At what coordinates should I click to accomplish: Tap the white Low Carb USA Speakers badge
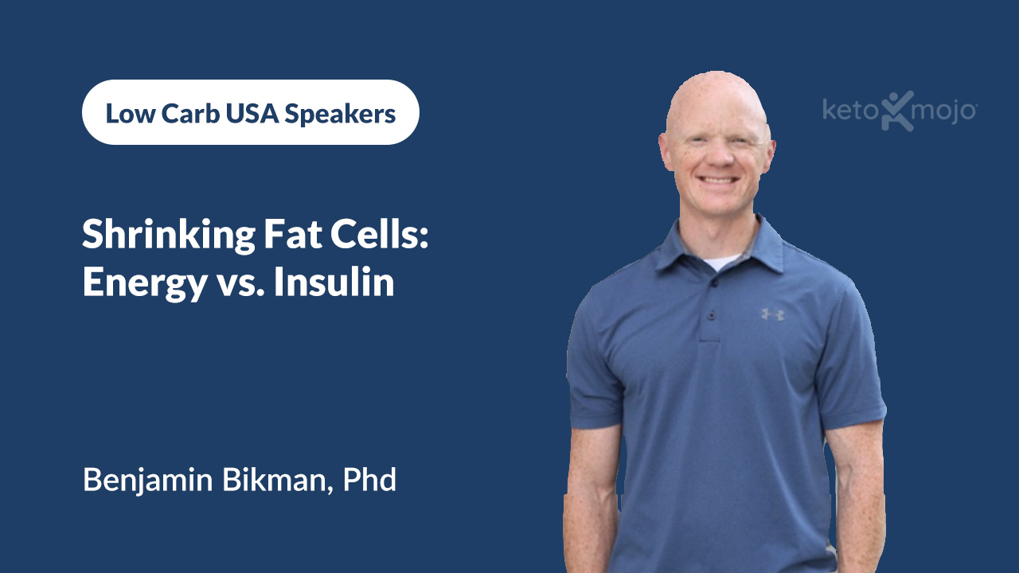250,112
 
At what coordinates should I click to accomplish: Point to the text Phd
369,480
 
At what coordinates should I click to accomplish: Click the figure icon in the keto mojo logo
897,110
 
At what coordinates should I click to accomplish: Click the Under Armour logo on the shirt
772,314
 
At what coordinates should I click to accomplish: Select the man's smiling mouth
719,181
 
